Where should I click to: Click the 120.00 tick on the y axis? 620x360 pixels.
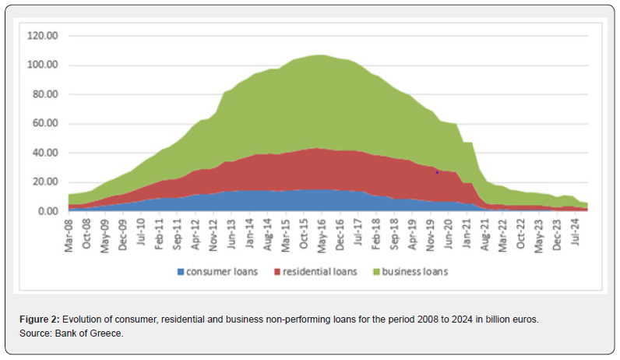43,36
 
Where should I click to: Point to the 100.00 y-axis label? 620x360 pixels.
43,65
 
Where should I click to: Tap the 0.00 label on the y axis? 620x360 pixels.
48,211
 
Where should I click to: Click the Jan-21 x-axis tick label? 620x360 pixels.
465,231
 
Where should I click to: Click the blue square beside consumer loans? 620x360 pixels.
181,272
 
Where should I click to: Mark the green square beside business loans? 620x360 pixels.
375,272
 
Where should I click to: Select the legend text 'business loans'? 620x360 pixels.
414,272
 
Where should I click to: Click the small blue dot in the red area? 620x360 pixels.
438,172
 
